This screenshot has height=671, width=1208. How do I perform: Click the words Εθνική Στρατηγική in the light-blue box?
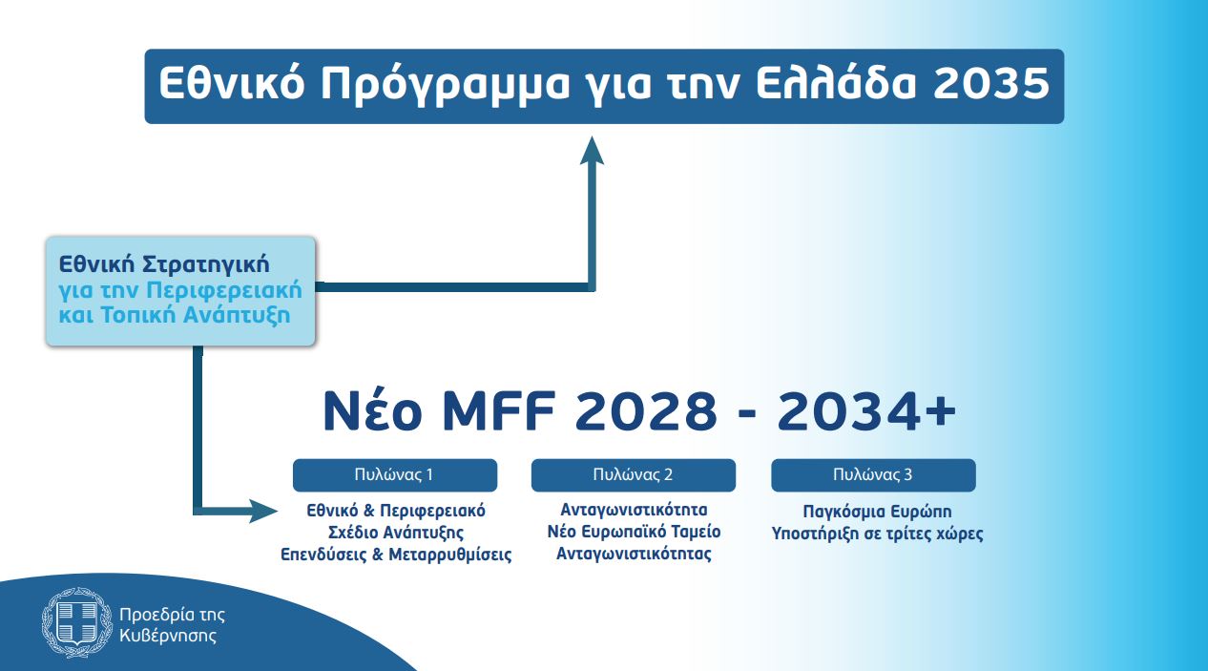(x=164, y=262)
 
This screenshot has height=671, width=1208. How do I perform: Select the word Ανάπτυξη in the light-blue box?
(x=245, y=314)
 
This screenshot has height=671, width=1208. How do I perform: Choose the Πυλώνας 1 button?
(x=394, y=474)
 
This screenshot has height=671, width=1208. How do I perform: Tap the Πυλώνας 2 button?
(x=633, y=474)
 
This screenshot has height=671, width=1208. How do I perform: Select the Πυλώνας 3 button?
(x=873, y=474)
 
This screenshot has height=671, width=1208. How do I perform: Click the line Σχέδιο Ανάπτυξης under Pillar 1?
(x=395, y=532)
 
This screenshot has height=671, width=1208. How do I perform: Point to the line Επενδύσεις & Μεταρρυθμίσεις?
(x=395, y=555)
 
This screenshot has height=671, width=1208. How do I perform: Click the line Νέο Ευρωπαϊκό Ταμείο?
(x=634, y=532)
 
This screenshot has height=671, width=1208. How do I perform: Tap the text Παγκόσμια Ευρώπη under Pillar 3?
(x=877, y=512)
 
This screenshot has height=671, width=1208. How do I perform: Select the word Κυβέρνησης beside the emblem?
(x=168, y=635)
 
